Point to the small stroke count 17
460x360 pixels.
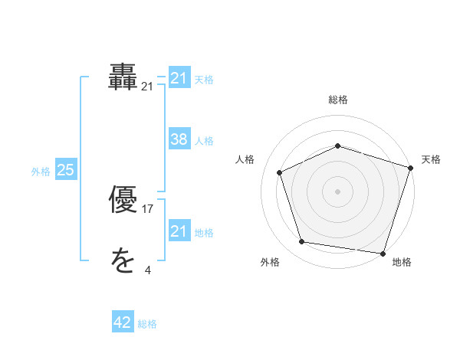coord(148,209)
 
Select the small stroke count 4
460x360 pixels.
coord(148,270)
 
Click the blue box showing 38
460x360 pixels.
coord(179,139)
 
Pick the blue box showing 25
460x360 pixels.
coord(65,170)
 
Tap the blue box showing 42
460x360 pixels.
coord(123,322)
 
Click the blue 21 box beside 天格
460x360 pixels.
coord(179,78)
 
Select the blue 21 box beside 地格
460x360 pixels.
coord(179,231)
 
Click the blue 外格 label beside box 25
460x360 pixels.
coord(41,172)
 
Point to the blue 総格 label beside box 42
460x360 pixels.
coord(147,324)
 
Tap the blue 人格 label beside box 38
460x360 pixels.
coord(204,141)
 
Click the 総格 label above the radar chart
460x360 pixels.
coord(338,100)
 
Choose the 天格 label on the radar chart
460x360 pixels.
coord(431,159)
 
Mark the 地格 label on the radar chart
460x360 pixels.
coord(402,262)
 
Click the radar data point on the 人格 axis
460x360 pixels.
coord(280,172)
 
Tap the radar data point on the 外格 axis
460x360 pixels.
coord(302,242)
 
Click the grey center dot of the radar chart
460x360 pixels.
coord(338,191)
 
